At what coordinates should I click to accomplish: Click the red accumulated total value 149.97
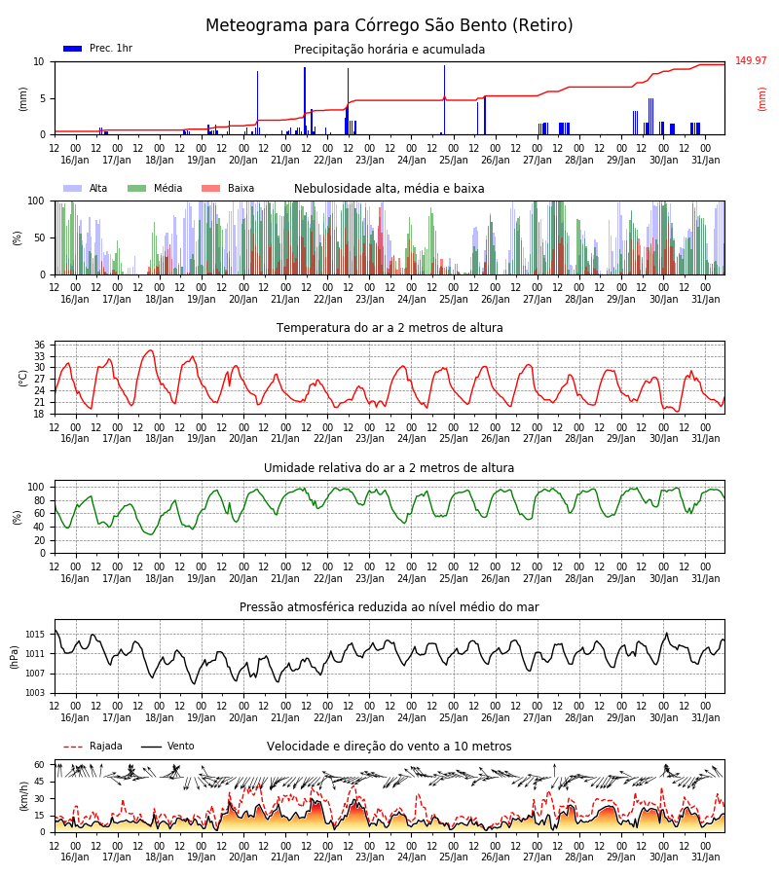point(751,60)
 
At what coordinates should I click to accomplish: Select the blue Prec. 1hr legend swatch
point(73,49)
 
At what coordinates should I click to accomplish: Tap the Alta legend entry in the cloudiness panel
point(86,188)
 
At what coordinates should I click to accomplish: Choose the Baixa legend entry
point(228,188)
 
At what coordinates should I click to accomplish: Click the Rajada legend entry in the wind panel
point(93,746)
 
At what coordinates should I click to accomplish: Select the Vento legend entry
point(167,746)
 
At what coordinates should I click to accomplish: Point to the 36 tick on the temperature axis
point(39,345)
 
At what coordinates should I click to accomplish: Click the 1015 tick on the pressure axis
point(35,635)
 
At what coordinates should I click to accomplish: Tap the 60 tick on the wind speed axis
point(39,765)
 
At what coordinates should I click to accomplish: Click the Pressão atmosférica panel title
point(389,606)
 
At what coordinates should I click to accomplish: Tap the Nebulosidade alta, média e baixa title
point(389,188)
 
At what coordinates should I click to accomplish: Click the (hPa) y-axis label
point(15,657)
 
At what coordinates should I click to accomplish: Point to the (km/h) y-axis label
point(23,796)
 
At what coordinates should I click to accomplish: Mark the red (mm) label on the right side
point(761,99)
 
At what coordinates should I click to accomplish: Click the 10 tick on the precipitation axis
point(39,62)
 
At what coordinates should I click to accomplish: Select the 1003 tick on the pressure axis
point(35,693)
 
